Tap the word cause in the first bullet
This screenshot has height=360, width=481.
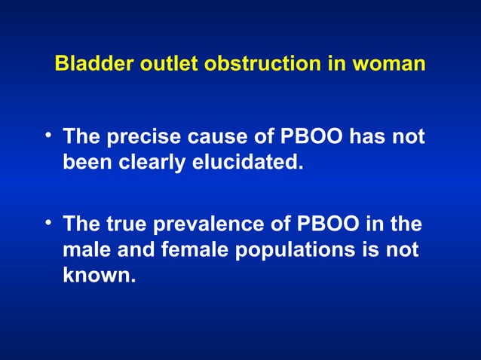[x=209, y=138]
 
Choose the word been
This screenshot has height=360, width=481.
[x=84, y=162]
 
